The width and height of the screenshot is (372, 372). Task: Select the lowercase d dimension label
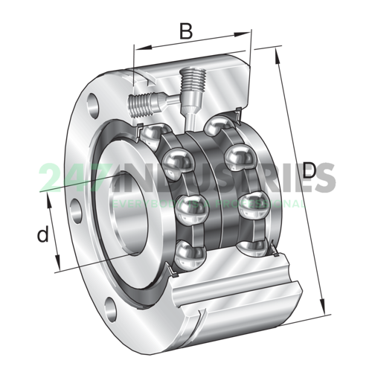tap(44, 235)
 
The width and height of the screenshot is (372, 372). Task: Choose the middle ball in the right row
tap(239, 158)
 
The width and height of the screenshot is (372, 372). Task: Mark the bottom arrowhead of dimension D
tap(324, 310)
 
